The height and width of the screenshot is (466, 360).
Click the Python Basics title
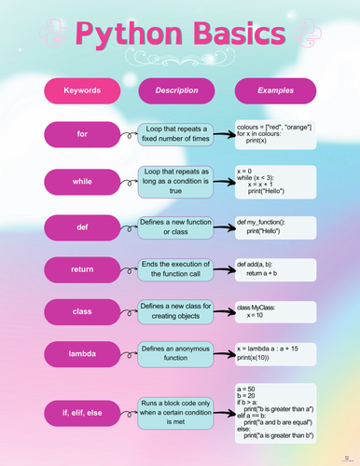179,36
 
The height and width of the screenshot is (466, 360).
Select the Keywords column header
82,90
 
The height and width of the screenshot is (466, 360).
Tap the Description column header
176,90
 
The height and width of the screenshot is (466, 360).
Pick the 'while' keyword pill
82,181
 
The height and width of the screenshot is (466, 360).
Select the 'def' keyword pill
82,226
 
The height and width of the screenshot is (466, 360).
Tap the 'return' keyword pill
82,269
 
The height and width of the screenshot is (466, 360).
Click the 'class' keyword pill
82,310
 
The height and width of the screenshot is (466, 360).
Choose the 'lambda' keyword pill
82,353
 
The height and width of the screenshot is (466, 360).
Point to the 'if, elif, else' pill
82,410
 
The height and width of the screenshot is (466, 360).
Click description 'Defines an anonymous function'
176,353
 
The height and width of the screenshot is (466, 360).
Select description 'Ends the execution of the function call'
176,269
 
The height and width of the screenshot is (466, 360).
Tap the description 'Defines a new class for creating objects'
176,310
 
